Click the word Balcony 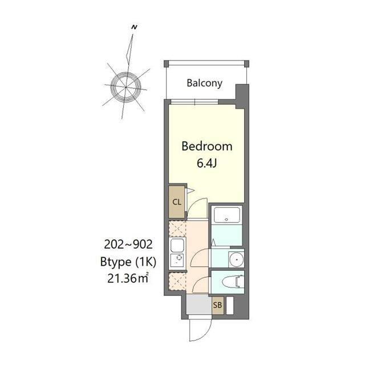[x=205, y=83]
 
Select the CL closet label [x=177, y=202]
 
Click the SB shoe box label [x=217, y=305]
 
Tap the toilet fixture [x=234, y=282]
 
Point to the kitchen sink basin [x=176, y=246]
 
